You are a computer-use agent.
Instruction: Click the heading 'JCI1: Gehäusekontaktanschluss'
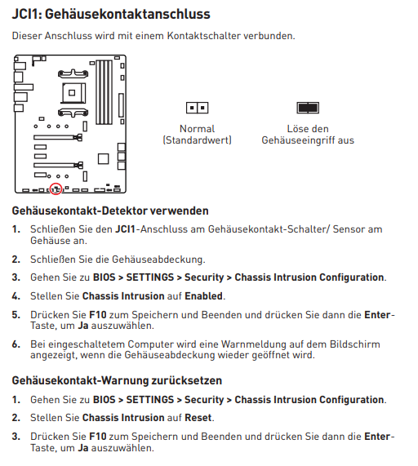coord(111,14)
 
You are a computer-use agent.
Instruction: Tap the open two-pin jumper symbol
coord(197,108)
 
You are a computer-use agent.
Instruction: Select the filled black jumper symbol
coord(308,108)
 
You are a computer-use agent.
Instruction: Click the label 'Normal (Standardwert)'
coord(197,135)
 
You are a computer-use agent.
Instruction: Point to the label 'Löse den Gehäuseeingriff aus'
coord(308,135)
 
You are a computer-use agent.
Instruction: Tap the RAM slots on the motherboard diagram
coord(104,92)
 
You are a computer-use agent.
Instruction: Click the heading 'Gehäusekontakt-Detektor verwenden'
coord(110,211)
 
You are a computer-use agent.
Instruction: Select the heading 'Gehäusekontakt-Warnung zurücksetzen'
coord(117,380)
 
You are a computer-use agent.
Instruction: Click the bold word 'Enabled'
coord(203,296)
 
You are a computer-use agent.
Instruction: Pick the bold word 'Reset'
coord(198,418)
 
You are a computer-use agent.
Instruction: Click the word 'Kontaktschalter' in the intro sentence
coord(203,36)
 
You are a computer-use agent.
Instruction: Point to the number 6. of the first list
coord(16,344)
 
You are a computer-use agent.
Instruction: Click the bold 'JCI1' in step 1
coord(125,229)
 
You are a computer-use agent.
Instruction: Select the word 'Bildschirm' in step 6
coord(354,344)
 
